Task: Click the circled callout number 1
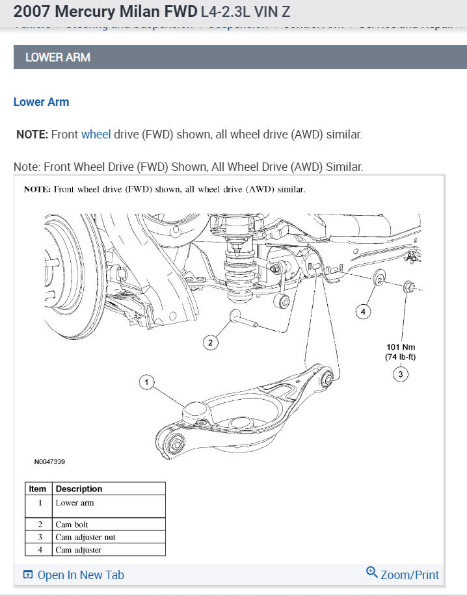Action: (147, 382)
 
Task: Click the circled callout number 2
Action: (209, 343)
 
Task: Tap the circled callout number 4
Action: (363, 312)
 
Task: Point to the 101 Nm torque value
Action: (400, 346)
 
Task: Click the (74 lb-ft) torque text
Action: (400, 357)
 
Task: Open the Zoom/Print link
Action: (403, 575)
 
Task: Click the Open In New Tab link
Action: (73, 575)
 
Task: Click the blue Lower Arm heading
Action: (41, 102)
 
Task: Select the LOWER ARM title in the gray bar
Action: (57, 57)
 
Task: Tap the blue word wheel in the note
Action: (96, 135)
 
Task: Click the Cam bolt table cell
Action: (72, 525)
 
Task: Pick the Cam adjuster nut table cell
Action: (85, 538)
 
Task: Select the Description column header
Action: (79, 489)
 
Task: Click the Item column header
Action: (38, 489)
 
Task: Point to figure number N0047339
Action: (49, 462)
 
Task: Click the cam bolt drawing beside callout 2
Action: (243, 320)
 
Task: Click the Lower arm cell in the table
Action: (75, 503)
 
